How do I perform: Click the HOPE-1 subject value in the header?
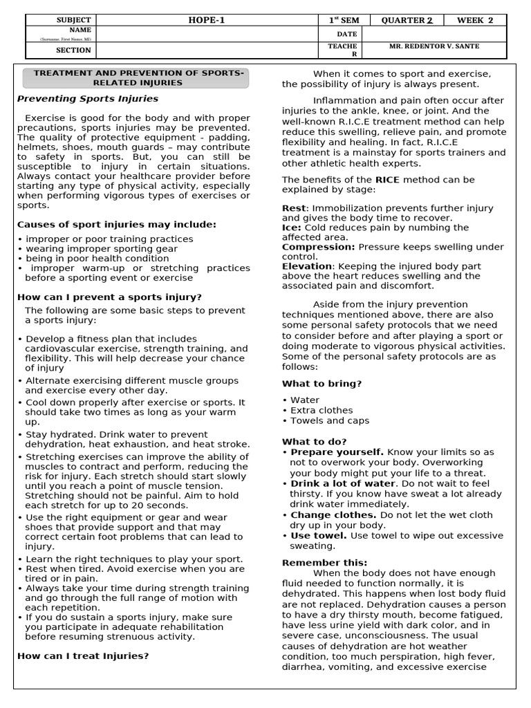[207, 20]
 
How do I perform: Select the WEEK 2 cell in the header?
[475, 20]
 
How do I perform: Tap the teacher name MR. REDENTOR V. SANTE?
[434, 46]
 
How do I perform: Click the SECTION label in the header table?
[73, 50]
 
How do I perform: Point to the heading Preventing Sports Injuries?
[87, 99]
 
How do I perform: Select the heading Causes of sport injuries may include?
[116, 225]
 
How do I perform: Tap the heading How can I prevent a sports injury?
[109, 297]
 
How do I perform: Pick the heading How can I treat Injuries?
[83, 655]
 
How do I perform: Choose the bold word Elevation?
[307, 266]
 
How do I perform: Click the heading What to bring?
[322, 384]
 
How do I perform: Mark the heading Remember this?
[324, 563]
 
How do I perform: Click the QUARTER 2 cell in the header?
[407, 20]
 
